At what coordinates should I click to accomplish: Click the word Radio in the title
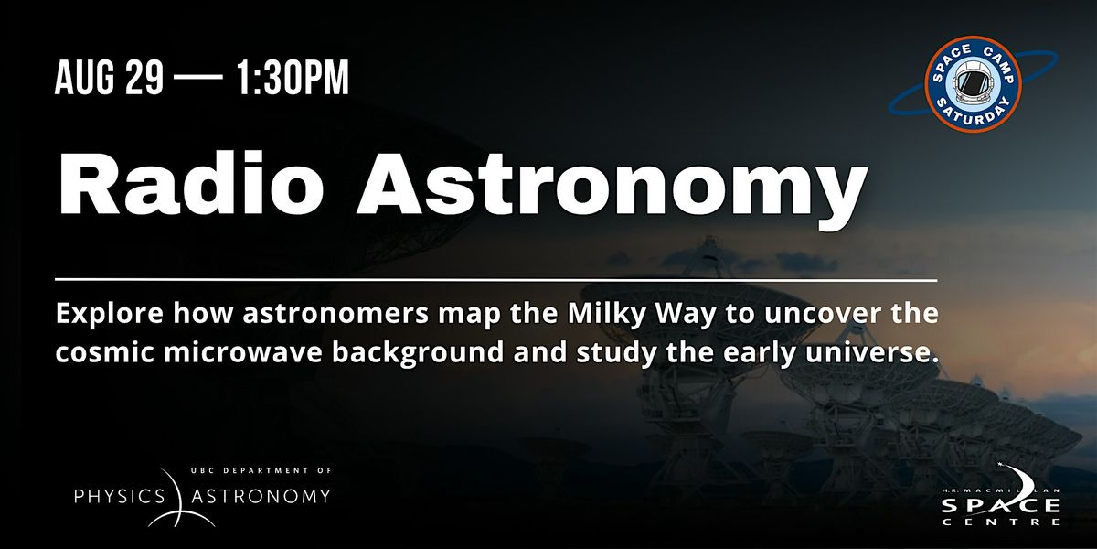coord(191,183)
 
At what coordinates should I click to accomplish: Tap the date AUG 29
coord(109,78)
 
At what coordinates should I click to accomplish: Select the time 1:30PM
coord(293,78)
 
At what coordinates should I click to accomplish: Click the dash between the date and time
coord(198,78)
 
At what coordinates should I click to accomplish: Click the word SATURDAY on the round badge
coord(973,113)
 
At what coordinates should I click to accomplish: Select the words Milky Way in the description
coord(641,314)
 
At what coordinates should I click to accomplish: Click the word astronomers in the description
coord(335,315)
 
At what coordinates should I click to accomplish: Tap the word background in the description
coord(418,353)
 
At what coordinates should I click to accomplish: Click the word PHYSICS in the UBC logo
coord(119,496)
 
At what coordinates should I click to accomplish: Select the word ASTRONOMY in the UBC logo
coord(261,496)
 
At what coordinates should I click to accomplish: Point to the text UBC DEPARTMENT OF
coord(261,470)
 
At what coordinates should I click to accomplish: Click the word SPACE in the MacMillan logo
coord(1000,505)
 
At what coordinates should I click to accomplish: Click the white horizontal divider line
coord(496,280)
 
